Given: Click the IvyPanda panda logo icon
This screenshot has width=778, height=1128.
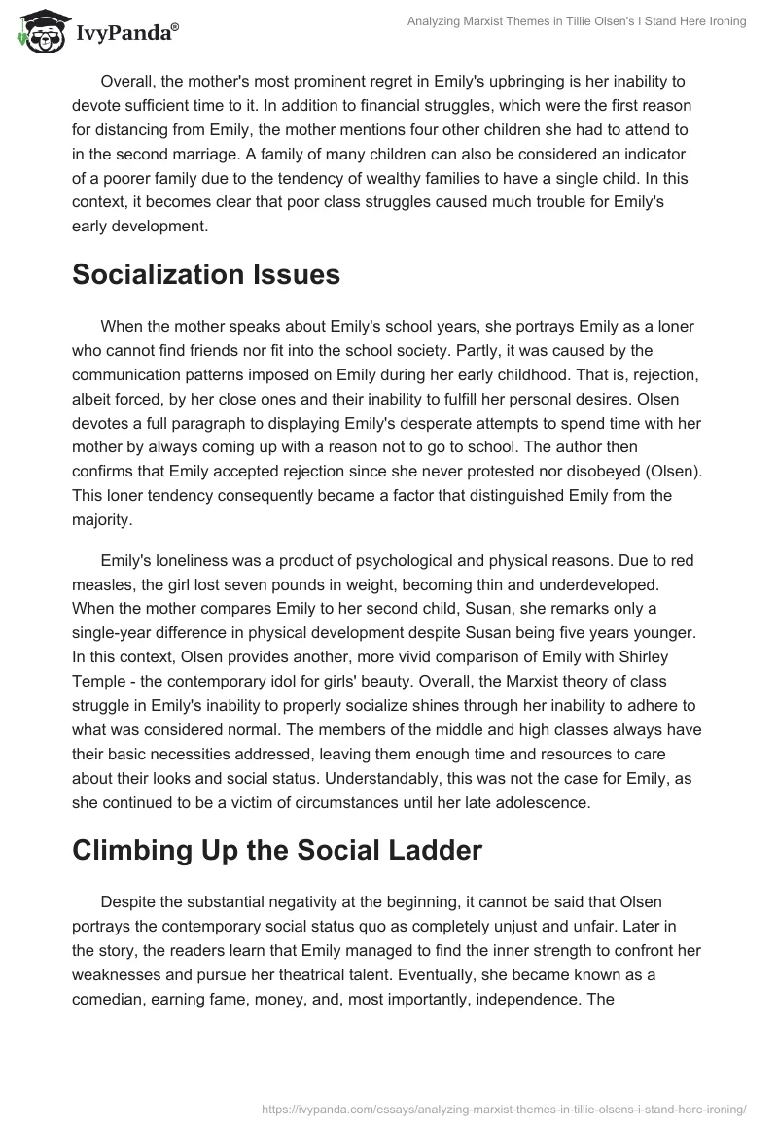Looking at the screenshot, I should coord(38,32).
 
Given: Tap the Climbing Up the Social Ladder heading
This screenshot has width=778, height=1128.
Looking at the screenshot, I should coord(277,850).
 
